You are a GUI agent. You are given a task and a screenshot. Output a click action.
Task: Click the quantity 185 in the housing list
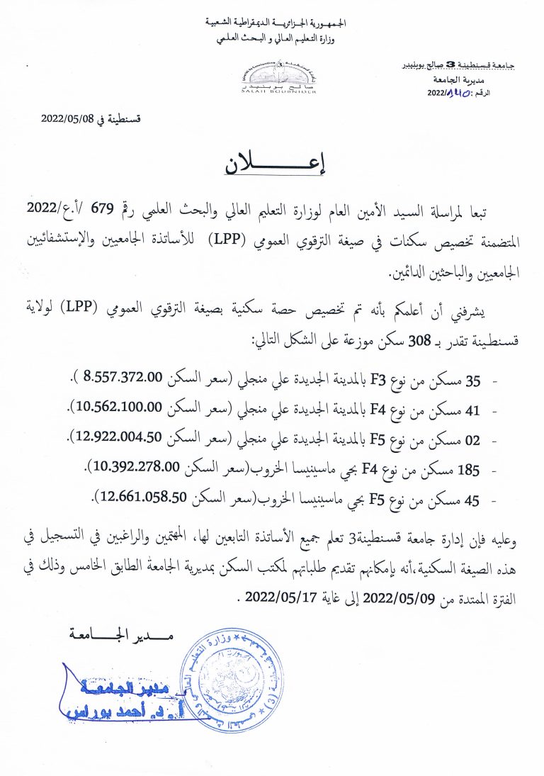469,468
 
